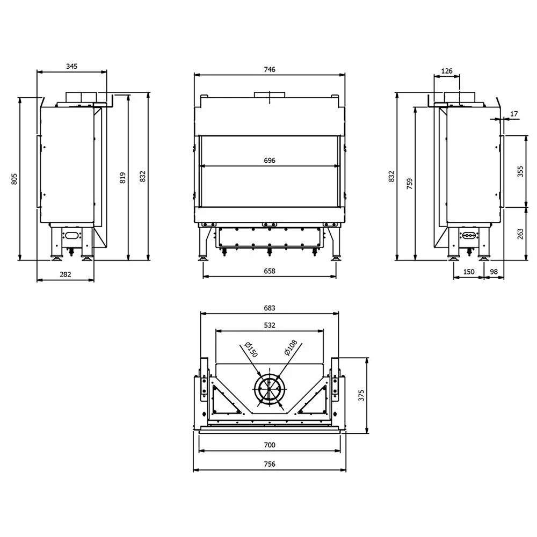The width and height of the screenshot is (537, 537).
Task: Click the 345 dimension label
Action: pos(71,67)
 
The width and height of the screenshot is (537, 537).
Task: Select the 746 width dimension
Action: pos(270,70)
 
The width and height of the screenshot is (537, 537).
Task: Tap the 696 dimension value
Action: pos(270,161)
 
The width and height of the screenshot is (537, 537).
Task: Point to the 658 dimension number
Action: pos(270,271)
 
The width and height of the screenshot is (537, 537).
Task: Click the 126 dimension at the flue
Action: pos(446,71)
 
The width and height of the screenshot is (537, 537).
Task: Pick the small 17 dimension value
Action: pos(514,114)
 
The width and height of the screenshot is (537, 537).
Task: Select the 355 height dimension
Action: pos(520,171)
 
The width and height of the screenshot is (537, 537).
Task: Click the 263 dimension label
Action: pos(520,234)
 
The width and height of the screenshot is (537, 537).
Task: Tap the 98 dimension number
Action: pos(494,272)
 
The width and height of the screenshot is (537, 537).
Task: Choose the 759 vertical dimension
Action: pos(410,184)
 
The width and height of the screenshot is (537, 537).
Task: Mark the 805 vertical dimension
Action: pos(14,178)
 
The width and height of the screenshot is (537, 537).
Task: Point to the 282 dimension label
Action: pos(65,274)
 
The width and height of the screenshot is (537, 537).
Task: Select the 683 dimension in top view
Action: pos(270,308)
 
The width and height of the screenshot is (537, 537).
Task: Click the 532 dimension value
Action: pos(270,325)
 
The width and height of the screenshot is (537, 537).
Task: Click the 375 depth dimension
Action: pos(361,395)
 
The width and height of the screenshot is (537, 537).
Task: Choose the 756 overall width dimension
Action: pos(270,464)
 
